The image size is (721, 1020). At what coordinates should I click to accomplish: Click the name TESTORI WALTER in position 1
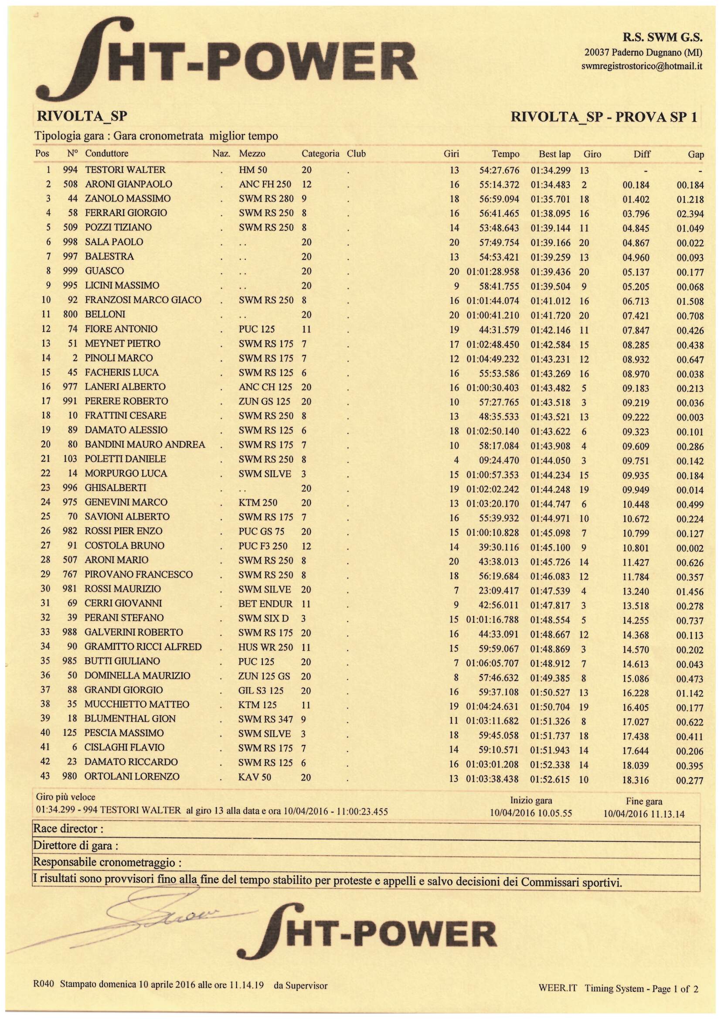(x=125, y=170)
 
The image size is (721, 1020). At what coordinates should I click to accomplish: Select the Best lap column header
(x=554, y=154)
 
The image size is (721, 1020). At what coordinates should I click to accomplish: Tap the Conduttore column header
(x=106, y=154)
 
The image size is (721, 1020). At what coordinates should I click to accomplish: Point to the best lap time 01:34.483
(x=551, y=185)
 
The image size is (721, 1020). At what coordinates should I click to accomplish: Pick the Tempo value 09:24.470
(x=499, y=461)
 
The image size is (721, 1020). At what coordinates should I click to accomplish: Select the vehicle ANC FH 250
(x=265, y=184)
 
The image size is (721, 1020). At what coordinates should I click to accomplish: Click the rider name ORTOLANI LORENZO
(x=132, y=777)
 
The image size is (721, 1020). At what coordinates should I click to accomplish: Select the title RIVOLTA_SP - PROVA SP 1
(x=604, y=117)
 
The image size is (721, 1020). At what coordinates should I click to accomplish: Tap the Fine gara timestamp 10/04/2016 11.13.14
(x=644, y=814)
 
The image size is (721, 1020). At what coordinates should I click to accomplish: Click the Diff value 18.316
(x=636, y=780)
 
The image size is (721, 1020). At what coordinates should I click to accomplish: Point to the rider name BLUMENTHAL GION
(x=130, y=719)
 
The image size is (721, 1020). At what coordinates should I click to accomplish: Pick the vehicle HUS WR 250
(x=265, y=647)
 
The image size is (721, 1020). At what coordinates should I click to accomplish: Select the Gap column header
(x=696, y=155)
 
